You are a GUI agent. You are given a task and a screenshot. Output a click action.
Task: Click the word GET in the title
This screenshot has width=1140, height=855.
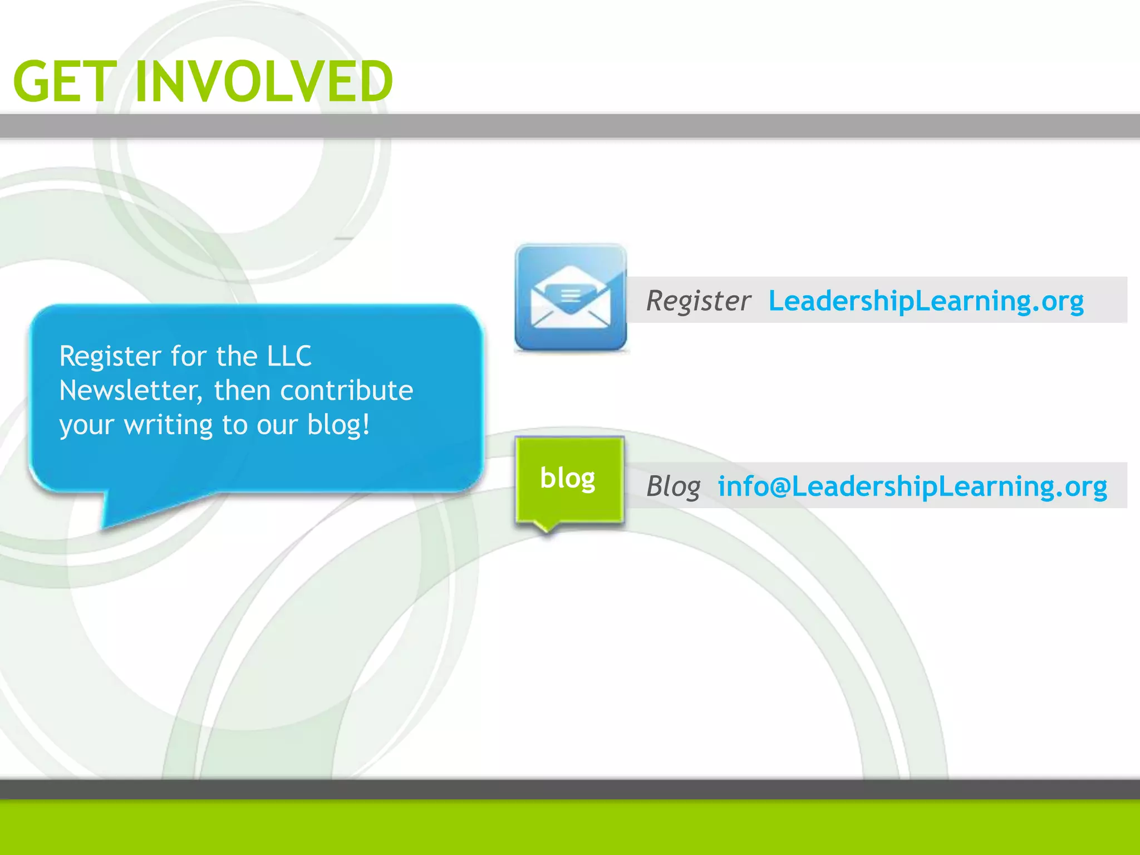[64, 82]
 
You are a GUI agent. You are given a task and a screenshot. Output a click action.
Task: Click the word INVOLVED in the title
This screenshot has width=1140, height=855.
[264, 82]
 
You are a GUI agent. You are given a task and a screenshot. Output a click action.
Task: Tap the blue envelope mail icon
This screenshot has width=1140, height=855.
[571, 298]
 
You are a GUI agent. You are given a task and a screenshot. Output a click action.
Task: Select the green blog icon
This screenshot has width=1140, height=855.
[569, 480]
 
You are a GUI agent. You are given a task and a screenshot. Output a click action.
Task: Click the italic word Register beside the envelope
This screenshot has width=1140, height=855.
[698, 301]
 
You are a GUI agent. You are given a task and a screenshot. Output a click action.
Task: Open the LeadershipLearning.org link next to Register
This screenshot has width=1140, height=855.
[926, 301]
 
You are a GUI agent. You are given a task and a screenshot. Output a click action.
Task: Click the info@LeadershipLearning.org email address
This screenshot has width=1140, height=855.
[912, 487]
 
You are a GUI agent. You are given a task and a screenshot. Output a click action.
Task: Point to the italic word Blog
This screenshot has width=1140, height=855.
[673, 487]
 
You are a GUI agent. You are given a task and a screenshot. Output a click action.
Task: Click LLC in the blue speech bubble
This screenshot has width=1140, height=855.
[289, 356]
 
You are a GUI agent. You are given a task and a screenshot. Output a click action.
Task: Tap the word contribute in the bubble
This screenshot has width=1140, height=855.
[346, 391]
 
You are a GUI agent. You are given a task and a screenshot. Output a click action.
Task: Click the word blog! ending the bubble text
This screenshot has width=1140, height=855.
[338, 425]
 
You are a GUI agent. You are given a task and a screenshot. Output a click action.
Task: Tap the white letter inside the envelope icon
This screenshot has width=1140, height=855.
[570, 293]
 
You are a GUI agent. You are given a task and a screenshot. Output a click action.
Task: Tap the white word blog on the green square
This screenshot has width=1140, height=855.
[567, 478]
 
